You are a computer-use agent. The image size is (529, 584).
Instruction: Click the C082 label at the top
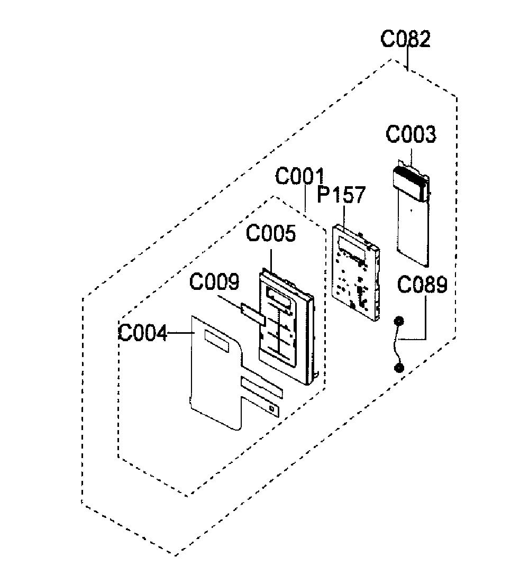coord(405,39)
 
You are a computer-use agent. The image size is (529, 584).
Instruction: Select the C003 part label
coord(411,134)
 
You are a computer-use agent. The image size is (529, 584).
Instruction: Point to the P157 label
coord(341,195)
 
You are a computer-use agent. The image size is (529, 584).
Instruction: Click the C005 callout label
coord(271,233)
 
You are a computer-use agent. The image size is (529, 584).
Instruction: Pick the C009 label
coord(214,281)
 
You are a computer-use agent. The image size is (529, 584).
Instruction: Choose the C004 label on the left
coord(143,333)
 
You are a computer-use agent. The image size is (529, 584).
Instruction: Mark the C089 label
coord(422,285)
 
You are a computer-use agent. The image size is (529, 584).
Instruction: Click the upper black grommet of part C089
coord(398,321)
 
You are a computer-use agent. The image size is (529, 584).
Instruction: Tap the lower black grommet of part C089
coord(399,368)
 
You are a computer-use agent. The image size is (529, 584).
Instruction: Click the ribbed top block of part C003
coord(410,183)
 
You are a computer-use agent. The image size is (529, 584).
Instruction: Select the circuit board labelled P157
coord(356,272)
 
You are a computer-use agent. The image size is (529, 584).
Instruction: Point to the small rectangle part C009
coord(253,314)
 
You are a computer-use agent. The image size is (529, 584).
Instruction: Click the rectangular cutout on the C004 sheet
coord(216,341)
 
